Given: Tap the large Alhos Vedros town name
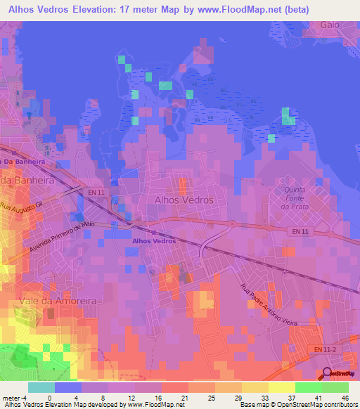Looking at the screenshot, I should (183, 200).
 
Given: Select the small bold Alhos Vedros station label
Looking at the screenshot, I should (154, 241).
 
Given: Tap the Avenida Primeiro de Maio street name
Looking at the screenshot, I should (62, 240).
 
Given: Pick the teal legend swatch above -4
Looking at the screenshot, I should (41, 387).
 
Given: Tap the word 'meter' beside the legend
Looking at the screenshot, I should (10, 397).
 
